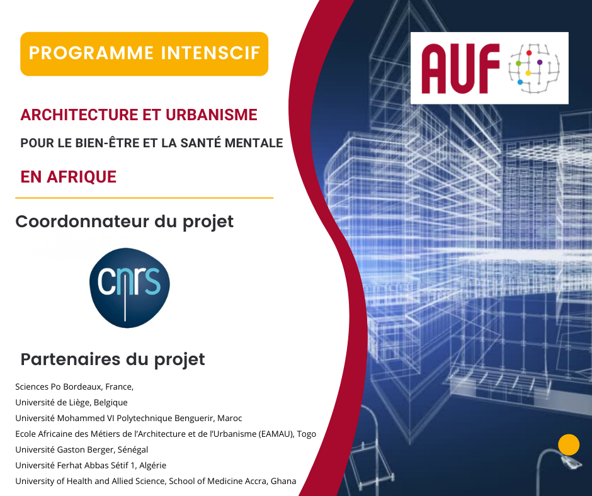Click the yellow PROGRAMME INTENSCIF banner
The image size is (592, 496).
144,54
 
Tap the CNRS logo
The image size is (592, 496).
130,288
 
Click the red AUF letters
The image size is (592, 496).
460,69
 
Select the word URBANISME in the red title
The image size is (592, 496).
212,115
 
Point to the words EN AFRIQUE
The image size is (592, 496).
69,177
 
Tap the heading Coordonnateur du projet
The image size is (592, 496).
125,222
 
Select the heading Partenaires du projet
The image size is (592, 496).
113,359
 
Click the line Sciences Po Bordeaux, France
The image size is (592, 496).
74,387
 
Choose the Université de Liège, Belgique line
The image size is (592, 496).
71,402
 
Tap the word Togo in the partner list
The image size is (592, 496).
307,434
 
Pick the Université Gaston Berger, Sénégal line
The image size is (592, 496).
81,449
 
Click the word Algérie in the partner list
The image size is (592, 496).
153,465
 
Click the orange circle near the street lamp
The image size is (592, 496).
569,444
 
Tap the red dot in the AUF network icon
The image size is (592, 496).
529,53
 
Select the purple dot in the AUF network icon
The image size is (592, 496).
540,62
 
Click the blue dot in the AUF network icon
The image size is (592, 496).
520,82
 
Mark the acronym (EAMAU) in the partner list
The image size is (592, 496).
276,434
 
